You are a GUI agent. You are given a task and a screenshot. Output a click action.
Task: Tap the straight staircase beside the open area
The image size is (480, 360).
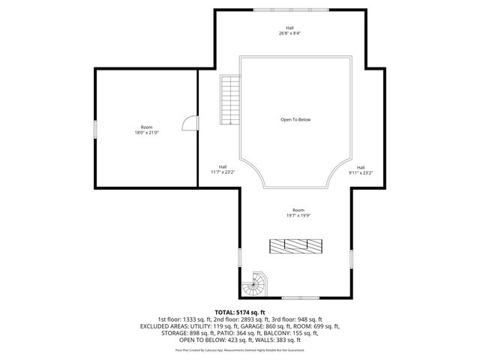pyautogui.click(x=228, y=100)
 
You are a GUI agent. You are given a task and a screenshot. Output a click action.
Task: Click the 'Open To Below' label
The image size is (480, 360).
pyautogui.click(x=295, y=120)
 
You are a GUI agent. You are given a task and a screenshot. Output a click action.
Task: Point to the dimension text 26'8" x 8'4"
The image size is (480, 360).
pyautogui.click(x=289, y=34)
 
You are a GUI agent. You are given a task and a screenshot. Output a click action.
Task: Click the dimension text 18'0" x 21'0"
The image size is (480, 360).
pyautogui.click(x=146, y=133)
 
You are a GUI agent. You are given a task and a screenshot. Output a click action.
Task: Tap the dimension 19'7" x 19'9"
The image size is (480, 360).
pyautogui.click(x=298, y=215)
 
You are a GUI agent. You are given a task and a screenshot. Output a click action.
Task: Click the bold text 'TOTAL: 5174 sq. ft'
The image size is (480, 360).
pyautogui.click(x=240, y=312)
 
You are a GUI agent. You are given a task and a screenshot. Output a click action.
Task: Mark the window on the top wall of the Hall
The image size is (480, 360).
pyautogui.click(x=289, y=10)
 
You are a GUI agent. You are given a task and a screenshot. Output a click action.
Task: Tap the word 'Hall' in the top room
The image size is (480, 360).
pyautogui.click(x=289, y=28)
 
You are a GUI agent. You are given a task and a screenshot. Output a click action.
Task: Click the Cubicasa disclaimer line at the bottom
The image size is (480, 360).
pyautogui.click(x=240, y=349)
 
